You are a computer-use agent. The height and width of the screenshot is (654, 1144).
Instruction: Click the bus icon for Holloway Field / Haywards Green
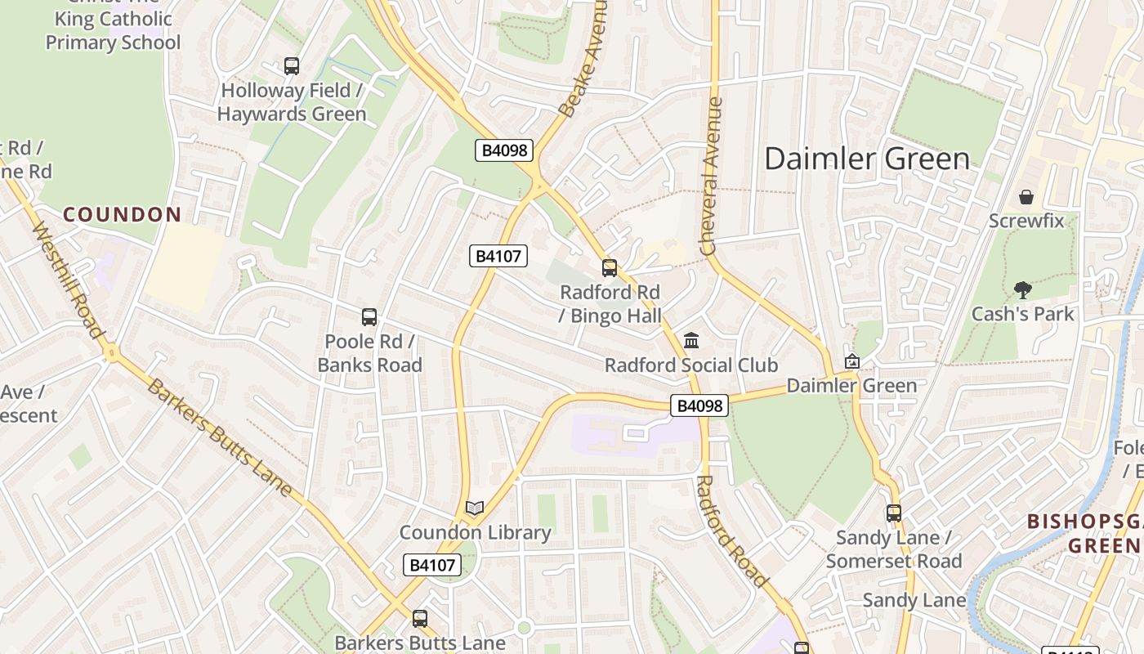point(292,66)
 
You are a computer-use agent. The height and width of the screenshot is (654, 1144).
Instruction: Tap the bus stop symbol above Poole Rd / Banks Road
point(369,317)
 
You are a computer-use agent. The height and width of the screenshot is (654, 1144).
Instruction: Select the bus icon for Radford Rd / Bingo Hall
point(610,268)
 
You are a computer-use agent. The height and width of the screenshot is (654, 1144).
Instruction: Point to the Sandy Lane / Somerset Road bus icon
point(894,513)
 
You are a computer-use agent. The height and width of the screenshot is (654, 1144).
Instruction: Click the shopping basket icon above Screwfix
point(1026,197)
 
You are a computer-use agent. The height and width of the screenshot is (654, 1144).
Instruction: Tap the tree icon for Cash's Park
point(1022,289)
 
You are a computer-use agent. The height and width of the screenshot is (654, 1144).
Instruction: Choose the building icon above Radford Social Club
point(691,340)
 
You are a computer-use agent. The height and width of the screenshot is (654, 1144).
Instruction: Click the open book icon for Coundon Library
point(475,508)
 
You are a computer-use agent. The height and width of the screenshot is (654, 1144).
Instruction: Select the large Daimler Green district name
point(867,159)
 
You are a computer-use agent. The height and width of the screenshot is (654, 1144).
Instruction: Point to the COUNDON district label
point(123,215)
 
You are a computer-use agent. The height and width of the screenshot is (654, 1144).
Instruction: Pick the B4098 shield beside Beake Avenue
point(504,150)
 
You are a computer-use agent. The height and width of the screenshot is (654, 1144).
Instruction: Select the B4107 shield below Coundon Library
point(432,565)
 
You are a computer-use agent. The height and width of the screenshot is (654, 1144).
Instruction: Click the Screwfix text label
point(1026,221)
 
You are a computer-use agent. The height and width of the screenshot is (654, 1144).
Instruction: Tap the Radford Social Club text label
point(691,365)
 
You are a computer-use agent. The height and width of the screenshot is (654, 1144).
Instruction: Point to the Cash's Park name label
point(1022,314)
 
